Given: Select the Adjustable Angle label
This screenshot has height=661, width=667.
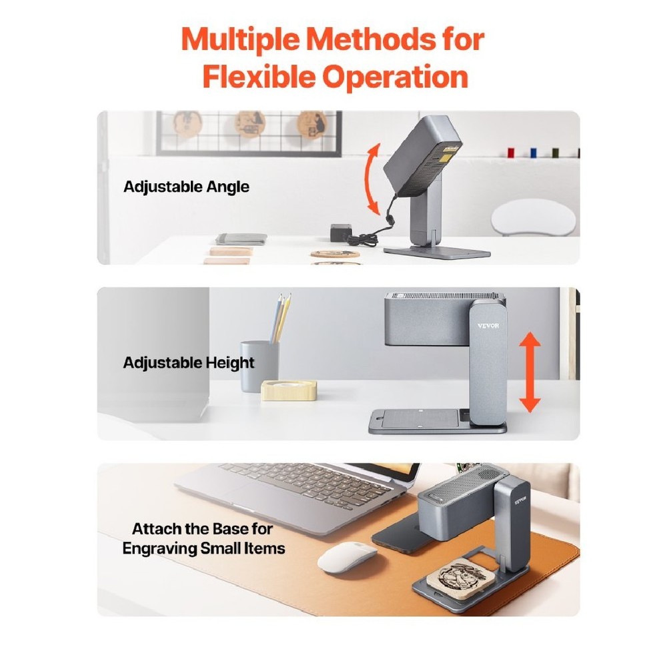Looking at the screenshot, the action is pos(186,187).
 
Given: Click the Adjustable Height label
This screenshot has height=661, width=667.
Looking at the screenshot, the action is pos(189,362).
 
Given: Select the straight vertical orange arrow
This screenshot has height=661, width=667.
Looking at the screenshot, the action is pos(530,372).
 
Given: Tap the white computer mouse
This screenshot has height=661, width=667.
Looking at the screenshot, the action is pos(347,556).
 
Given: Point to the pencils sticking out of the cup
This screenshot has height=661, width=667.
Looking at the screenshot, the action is pos(280,318).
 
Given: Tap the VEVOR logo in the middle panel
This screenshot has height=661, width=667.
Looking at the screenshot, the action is pos(488,326).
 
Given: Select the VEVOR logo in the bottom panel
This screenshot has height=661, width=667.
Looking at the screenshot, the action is pos(521,500).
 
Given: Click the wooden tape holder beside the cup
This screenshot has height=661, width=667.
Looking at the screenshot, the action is pos(289,390).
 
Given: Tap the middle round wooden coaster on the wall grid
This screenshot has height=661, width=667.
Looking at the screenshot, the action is pos(250,124).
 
